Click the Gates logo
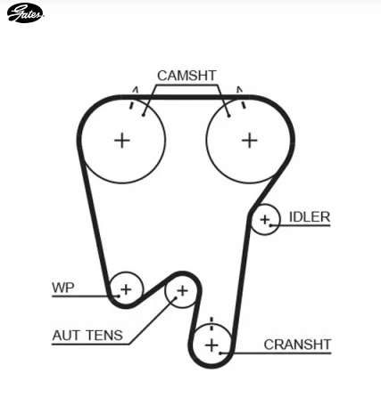pyautogui.click(x=25, y=13)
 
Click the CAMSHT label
pyautogui.click(x=186, y=76)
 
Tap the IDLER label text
pyautogui.click(x=310, y=217)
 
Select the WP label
pyautogui.click(x=63, y=288)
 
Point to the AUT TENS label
pyautogui.click(x=87, y=336)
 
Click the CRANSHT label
pyautogui.click(x=297, y=345)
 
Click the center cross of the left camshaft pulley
pyautogui.click(x=122, y=141)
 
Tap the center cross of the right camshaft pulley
pyautogui.click(x=250, y=141)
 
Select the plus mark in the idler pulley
pyautogui.click(x=264, y=220)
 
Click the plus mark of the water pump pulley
pyautogui.click(x=126, y=289)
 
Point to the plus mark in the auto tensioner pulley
pyautogui.click(x=182, y=291)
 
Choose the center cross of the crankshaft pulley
pyautogui.click(x=211, y=345)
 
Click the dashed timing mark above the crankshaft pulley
pyautogui.click(x=211, y=324)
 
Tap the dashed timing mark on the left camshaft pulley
pyautogui.click(x=132, y=103)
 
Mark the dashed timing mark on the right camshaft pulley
pyautogui.click(x=243, y=103)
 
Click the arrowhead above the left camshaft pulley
pyautogui.click(x=136, y=90)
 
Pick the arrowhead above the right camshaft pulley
pyautogui.click(x=239, y=90)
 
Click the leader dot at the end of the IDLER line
pyautogui.click(x=270, y=225)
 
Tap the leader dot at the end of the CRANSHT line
pyautogui.click(x=220, y=353)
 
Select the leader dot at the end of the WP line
pyautogui.click(x=119, y=296)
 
